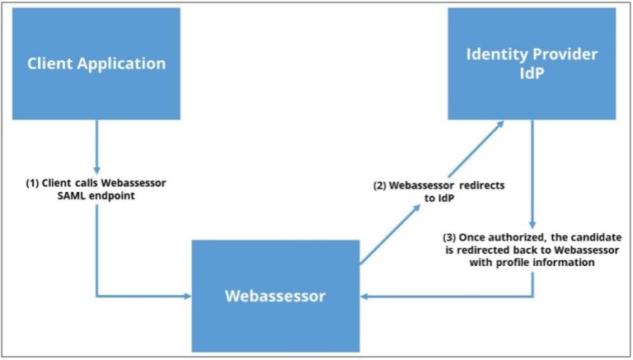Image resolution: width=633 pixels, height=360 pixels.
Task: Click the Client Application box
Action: point(97,63)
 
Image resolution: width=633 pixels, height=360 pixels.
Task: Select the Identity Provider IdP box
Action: point(532,63)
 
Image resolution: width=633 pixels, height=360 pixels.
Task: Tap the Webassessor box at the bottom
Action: point(275,296)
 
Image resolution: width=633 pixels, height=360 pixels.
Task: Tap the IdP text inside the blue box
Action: point(532,76)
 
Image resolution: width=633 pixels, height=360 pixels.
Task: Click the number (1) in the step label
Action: point(35,182)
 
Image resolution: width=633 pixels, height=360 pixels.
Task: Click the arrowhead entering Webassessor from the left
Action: point(186,296)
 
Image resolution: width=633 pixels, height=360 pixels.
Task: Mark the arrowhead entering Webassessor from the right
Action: point(365,296)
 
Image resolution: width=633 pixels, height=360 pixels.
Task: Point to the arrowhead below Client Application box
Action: point(97,169)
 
